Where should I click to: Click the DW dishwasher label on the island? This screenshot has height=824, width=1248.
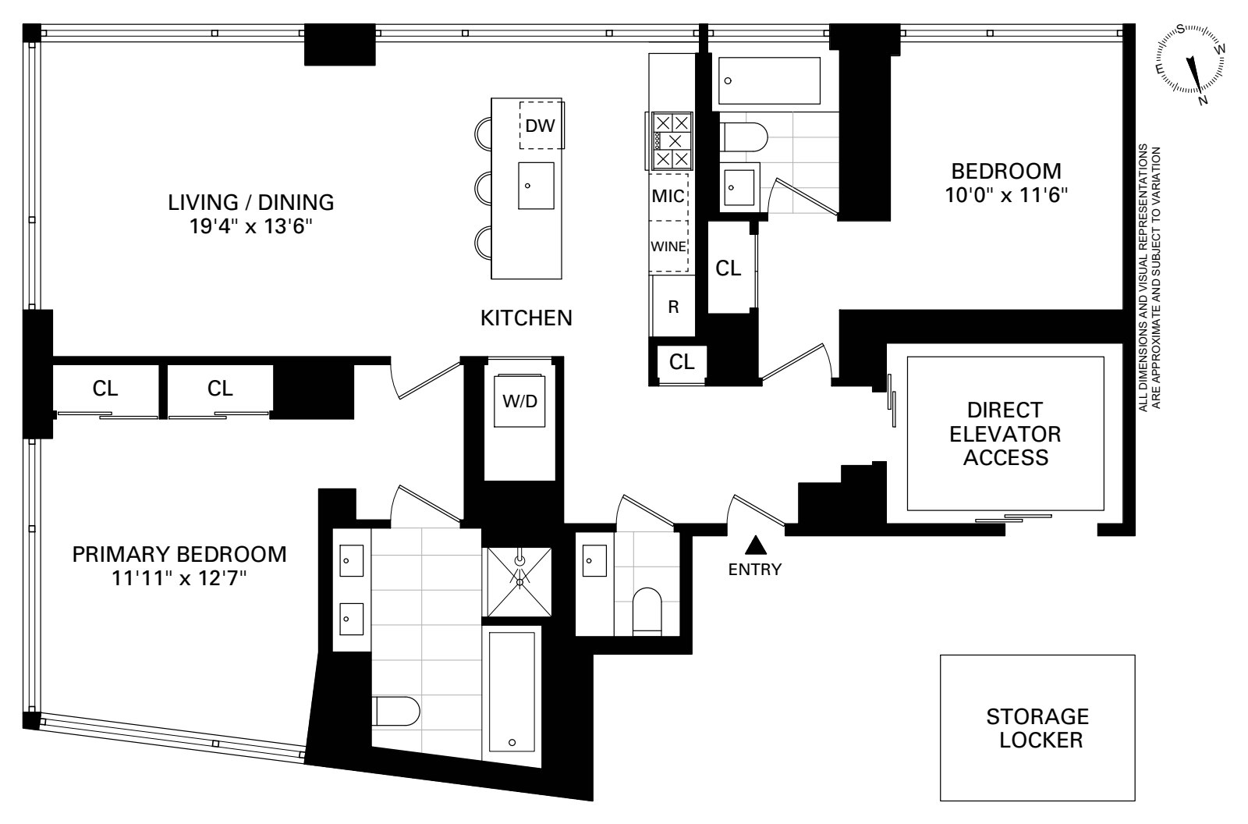tap(540, 125)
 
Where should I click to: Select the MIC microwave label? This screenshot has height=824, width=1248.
tap(668, 196)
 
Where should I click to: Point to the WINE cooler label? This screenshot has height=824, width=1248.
tap(668, 247)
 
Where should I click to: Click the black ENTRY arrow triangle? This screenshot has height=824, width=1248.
tap(754, 544)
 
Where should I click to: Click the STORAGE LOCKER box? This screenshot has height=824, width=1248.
tap(1037, 727)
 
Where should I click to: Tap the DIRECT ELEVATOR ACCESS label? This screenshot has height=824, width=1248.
tap(1005, 434)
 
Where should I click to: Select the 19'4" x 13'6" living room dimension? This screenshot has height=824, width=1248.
tap(251, 227)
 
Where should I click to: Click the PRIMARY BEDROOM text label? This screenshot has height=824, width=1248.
tap(179, 555)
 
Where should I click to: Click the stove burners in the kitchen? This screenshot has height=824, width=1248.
tap(672, 141)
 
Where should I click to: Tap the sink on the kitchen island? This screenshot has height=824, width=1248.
tap(536, 186)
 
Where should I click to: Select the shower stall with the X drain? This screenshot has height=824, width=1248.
tap(519, 577)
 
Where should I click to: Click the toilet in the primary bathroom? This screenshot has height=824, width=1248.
tap(397, 711)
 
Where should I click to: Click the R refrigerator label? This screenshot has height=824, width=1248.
tap(673, 307)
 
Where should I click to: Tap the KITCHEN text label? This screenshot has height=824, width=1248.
tap(526, 318)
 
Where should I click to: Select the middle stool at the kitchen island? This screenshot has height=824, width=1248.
tap(484, 187)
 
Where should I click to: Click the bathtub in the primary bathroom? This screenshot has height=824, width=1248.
tap(512, 690)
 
